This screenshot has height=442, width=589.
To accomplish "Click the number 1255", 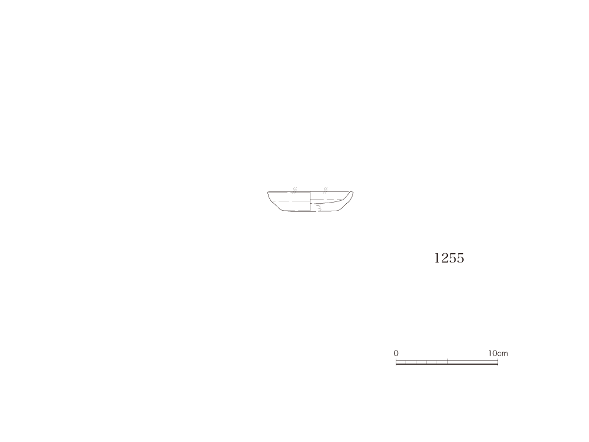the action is click(449, 258).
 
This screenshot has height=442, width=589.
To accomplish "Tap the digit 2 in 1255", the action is click(444, 258).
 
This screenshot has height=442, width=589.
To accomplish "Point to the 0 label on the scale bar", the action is click(396, 353).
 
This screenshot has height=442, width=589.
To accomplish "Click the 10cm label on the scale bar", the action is click(498, 353).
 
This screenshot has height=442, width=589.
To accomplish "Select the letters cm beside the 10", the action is click(503, 354).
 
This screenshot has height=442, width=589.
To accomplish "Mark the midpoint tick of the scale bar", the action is click(447, 361).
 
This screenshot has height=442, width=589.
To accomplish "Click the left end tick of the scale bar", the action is click(396, 361).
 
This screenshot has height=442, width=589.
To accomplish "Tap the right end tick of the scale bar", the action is click(498, 361).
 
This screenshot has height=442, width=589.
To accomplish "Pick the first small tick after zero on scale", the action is click(406, 363).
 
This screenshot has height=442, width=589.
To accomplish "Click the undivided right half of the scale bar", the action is click(473, 363).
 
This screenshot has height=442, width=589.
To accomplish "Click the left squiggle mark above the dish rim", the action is click(295, 190).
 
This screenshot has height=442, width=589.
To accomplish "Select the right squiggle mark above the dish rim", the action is click(326, 190).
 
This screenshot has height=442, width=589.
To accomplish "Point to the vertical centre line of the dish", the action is click(310, 201).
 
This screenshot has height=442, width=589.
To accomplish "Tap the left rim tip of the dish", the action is click(268, 192).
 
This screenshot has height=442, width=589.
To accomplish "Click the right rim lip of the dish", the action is click(351, 193).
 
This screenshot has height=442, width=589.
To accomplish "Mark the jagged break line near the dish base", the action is click(318, 208).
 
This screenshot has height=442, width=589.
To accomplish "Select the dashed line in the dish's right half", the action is click(327, 199).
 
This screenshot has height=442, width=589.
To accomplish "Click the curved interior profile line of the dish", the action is click(331, 202).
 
